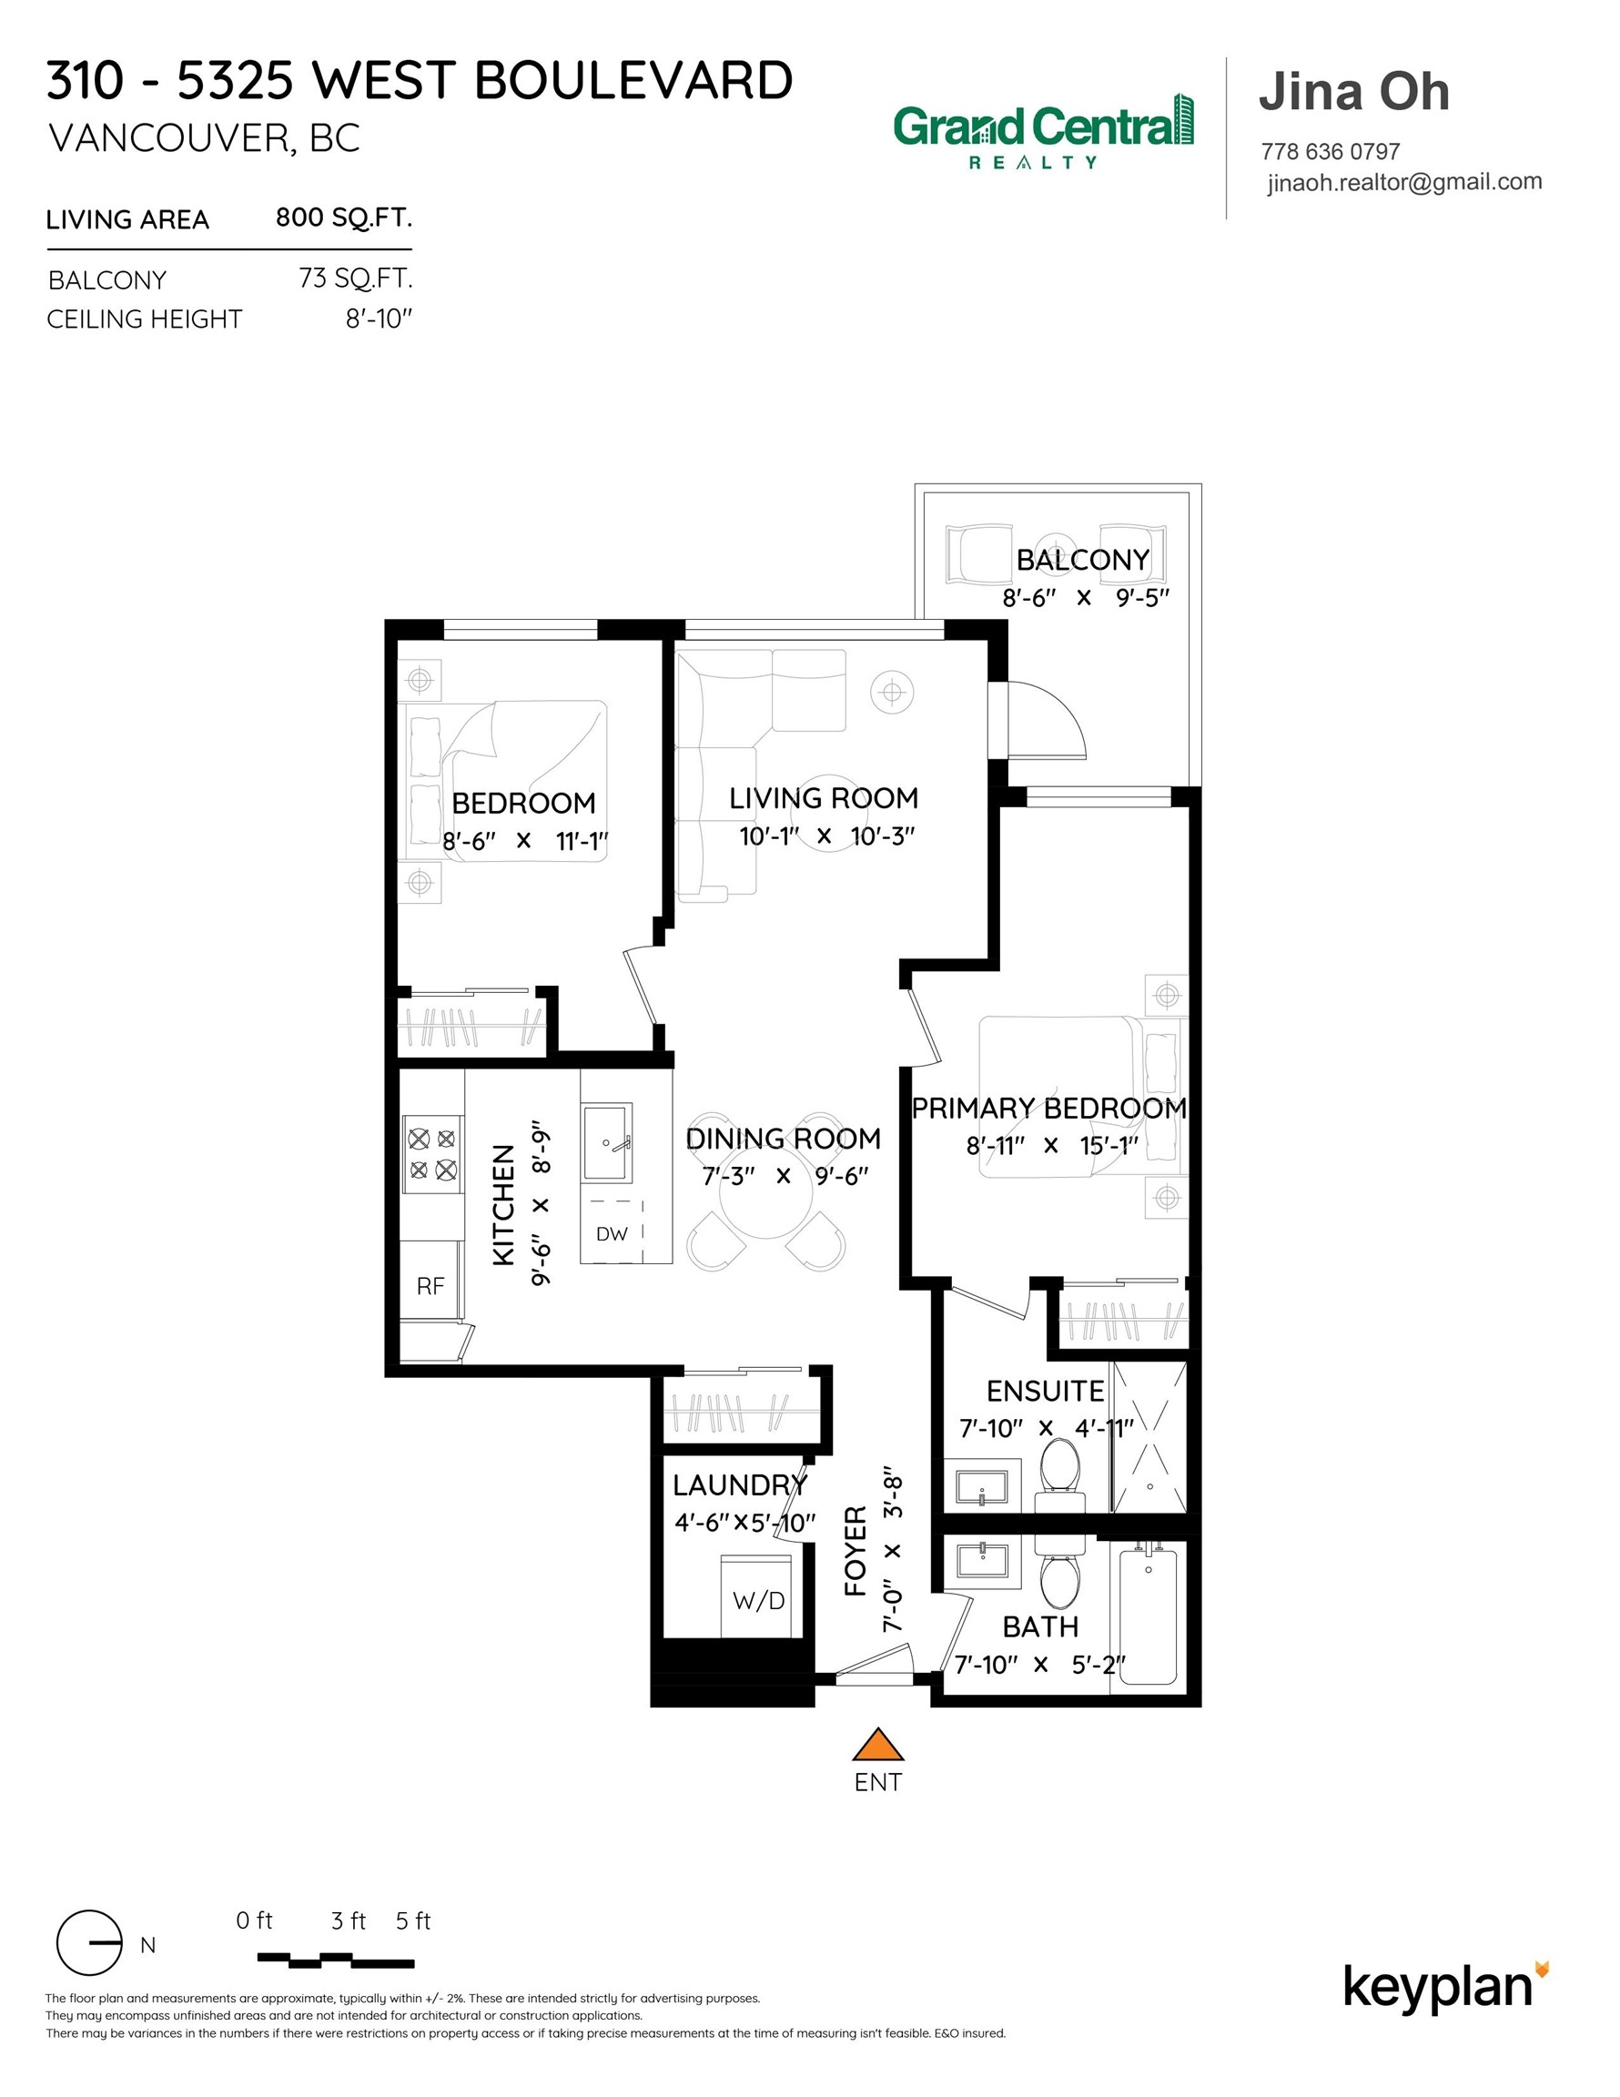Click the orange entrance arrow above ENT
[877, 1745]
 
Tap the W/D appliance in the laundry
[757, 1597]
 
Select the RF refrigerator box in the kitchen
[430, 1285]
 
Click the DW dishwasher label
[612, 1234]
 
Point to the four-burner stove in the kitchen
[432, 1154]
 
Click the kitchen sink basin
[606, 1142]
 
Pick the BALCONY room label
[1082, 560]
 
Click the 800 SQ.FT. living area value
[344, 218]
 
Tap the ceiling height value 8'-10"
[379, 319]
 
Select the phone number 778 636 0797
[1330, 152]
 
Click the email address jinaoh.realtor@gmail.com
[1404, 182]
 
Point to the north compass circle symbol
[89, 1942]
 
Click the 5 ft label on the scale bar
[413, 1920]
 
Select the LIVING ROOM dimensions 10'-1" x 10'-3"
[825, 836]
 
